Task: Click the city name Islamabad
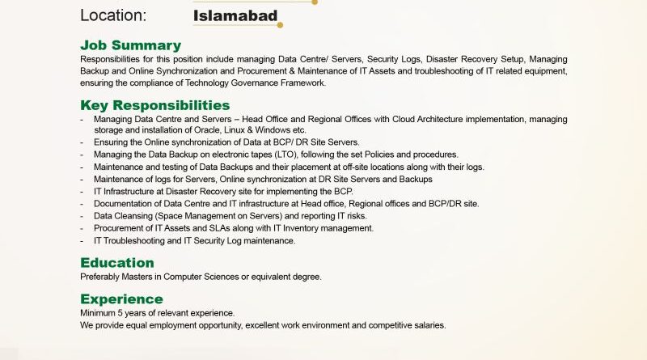click(x=235, y=15)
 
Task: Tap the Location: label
click(x=113, y=15)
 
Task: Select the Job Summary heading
click(x=130, y=45)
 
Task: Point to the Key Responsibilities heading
click(x=154, y=105)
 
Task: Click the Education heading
click(x=116, y=262)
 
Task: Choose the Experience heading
click(x=121, y=299)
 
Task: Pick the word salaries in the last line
click(x=427, y=325)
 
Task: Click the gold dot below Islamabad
click(x=280, y=25)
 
